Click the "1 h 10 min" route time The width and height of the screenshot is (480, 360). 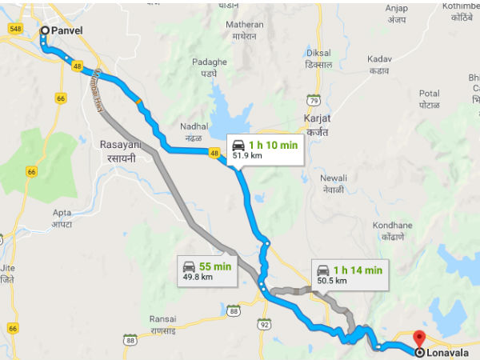click(x=273, y=144)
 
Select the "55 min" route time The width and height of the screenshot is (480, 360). click(x=216, y=266)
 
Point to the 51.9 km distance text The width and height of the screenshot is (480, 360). click(x=247, y=156)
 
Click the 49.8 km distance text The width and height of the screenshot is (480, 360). click(x=198, y=277)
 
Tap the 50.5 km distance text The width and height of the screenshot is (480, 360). click(x=332, y=281)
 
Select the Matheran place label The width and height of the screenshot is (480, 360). click(x=244, y=25)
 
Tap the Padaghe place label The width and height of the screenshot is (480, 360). click(x=210, y=62)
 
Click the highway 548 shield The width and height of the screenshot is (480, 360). click(x=14, y=29)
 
